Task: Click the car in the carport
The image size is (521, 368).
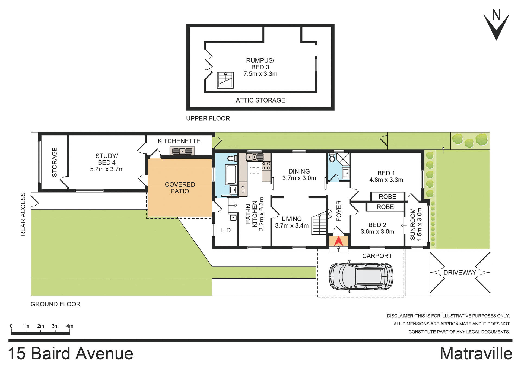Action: tap(361, 277)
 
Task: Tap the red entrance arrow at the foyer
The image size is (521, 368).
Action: tap(338, 241)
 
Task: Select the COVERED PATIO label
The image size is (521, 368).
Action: tap(180, 188)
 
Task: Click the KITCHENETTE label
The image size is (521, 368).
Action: tap(179, 141)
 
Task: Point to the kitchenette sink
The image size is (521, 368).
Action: tap(182, 151)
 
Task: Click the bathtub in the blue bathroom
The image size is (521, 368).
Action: tap(231, 174)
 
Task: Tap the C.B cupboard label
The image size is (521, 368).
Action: tap(243, 189)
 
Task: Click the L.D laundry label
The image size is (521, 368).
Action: tap(226, 230)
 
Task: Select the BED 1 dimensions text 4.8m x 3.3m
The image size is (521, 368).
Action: tap(386, 180)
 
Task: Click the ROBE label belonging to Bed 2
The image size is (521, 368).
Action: tap(385, 207)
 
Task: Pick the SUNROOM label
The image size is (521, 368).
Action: tap(413, 224)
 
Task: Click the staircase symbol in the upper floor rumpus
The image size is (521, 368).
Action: tap(225, 80)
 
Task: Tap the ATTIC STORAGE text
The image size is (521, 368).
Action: tap(260, 100)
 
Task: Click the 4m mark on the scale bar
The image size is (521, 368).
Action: tap(70, 326)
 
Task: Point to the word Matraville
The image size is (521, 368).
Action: tap(476, 354)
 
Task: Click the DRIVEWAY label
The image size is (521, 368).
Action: tap(460, 272)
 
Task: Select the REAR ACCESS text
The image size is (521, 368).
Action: tap(23, 214)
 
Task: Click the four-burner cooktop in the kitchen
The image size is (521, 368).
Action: tap(266, 166)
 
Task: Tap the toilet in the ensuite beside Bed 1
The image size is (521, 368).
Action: tap(332, 158)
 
